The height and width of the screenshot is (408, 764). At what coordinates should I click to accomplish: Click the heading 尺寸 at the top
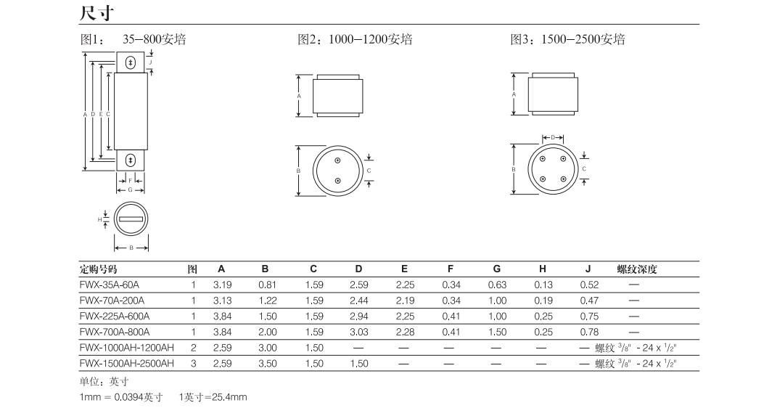tap(96, 12)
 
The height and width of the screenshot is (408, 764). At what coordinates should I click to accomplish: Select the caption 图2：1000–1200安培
tap(356, 39)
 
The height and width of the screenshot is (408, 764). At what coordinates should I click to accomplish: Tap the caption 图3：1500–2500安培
tap(567, 39)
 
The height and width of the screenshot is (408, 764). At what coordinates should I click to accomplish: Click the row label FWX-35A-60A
tap(109, 285)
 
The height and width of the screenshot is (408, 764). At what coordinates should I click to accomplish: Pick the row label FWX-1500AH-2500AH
tap(127, 363)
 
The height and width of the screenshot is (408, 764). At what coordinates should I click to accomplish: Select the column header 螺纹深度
tap(637, 269)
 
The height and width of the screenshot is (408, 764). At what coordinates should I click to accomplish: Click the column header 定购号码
tap(99, 269)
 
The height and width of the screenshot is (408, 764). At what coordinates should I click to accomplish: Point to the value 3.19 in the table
tap(222, 285)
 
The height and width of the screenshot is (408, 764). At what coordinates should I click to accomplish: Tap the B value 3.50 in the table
tap(268, 363)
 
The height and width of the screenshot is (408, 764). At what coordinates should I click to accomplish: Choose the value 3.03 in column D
tap(358, 332)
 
